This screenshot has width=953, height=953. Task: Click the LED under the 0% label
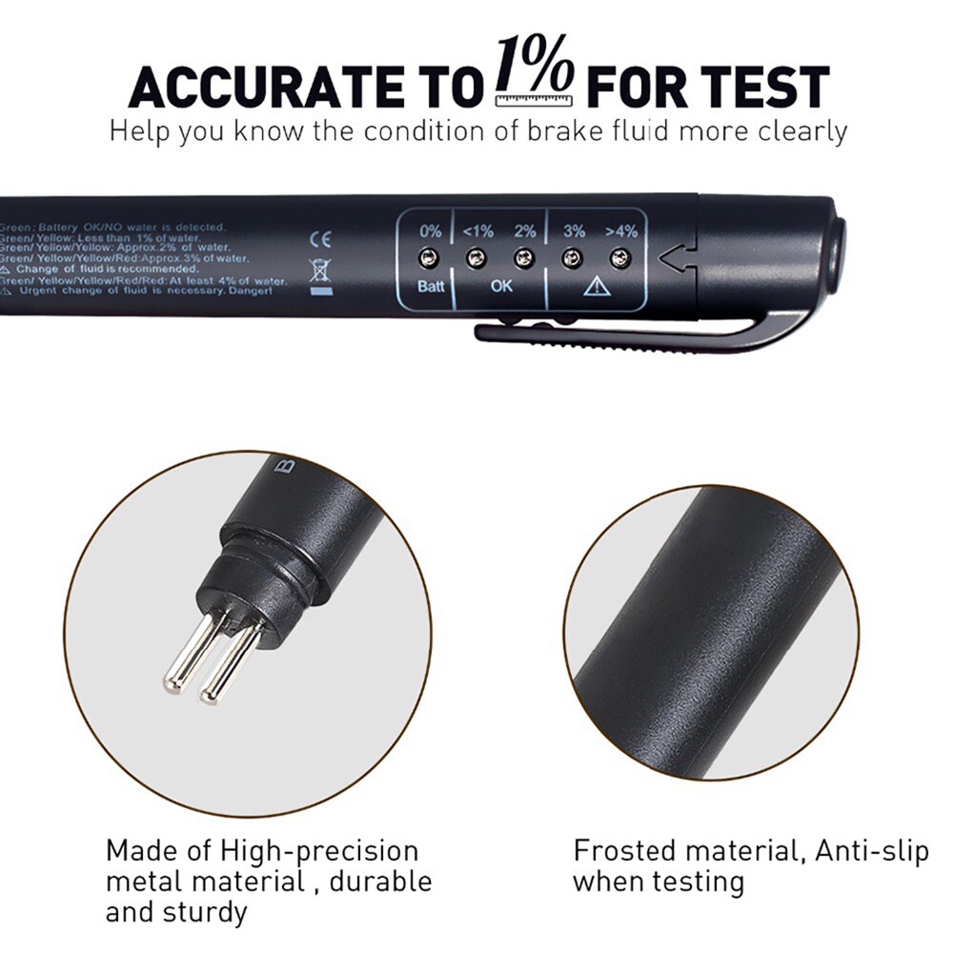point(431,256)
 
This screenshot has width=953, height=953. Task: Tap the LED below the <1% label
point(476,256)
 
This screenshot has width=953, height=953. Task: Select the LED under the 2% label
point(522,256)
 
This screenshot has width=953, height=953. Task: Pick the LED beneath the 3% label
point(573,256)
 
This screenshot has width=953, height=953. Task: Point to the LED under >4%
point(620,256)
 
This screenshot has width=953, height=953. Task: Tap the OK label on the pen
point(500,286)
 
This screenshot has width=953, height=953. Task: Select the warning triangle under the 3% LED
point(597,286)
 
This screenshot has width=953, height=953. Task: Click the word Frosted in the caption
point(625,850)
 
